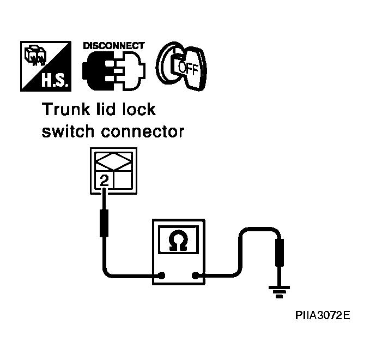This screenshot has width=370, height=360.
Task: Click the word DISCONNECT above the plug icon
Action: coord(114,46)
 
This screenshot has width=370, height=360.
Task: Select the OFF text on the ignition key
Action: coord(188,68)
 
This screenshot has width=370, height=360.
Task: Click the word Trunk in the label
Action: coord(66,110)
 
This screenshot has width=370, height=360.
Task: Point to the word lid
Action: coord(106,109)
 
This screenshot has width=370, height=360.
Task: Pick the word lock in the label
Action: coord(139,109)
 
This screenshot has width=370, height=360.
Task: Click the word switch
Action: coord(68,131)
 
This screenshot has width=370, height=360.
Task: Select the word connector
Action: coord(143,131)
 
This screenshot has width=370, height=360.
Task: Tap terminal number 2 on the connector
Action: coord(104,180)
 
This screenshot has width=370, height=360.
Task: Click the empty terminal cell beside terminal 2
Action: coord(123,180)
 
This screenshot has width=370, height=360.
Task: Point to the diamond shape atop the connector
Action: coord(113,162)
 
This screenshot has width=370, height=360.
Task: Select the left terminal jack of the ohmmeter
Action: coord(162,275)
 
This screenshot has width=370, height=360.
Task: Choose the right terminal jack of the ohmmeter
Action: coord(196,275)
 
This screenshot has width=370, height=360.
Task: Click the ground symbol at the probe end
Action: coord(279,292)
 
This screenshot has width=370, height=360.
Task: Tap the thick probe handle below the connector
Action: coord(104,223)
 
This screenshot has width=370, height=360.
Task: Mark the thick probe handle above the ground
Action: coord(280,253)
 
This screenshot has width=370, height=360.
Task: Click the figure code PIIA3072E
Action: coord(323,315)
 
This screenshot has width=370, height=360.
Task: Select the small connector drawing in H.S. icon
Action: coord(35,55)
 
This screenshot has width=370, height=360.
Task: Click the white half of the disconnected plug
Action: coord(130,71)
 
